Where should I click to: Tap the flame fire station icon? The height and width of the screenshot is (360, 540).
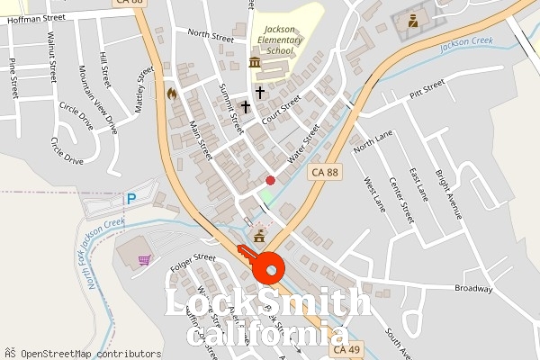pos(172,93)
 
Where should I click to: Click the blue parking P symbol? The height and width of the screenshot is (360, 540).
pos(131,199)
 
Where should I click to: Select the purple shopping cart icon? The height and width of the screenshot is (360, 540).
pos(144,260)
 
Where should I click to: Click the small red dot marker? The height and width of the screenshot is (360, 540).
pos(270,181)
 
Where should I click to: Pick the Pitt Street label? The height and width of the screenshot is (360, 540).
pos(427,88)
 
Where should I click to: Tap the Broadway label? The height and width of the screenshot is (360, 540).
pos(473,289)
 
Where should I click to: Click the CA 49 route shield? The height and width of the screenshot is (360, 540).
pos(346,349)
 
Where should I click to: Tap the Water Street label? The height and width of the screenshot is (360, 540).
pos(304,144)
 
